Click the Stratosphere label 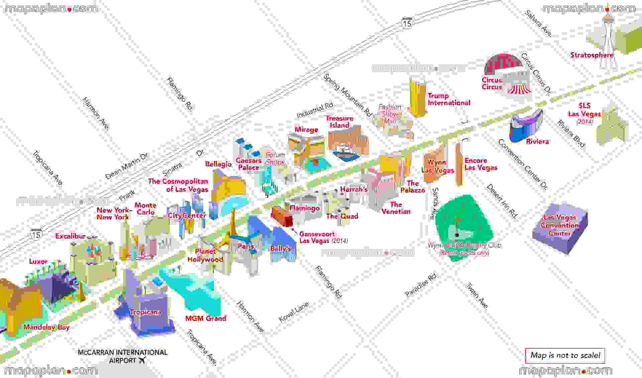592,55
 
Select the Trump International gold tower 417,97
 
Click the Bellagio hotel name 218,164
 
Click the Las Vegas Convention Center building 560,229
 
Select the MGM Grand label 206,318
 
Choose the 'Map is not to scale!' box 565,355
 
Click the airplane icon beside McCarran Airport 142,361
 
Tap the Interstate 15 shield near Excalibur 36,234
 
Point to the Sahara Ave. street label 538,23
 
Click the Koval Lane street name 294,312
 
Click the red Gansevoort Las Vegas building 282,216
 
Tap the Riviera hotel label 537,141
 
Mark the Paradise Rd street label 421,285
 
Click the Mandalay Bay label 46,327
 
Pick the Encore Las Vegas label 480,164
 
